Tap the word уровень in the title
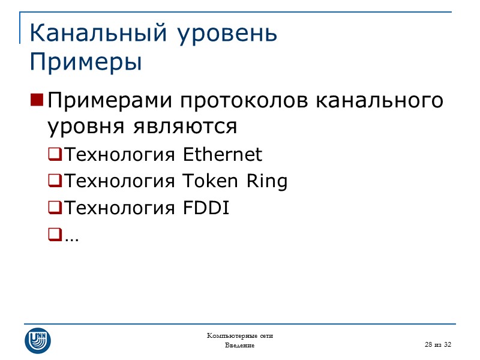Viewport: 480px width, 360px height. (227, 34)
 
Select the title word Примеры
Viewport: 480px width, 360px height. (86, 62)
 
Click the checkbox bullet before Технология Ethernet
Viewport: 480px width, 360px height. (54, 155)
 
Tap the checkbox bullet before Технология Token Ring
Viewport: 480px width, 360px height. (54, 182)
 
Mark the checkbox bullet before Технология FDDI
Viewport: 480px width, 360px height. (54, 209)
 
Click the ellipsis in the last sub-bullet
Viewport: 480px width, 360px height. (71, 238)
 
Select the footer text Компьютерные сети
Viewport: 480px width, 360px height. (240, 335)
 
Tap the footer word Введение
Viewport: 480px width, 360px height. (240, 346)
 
